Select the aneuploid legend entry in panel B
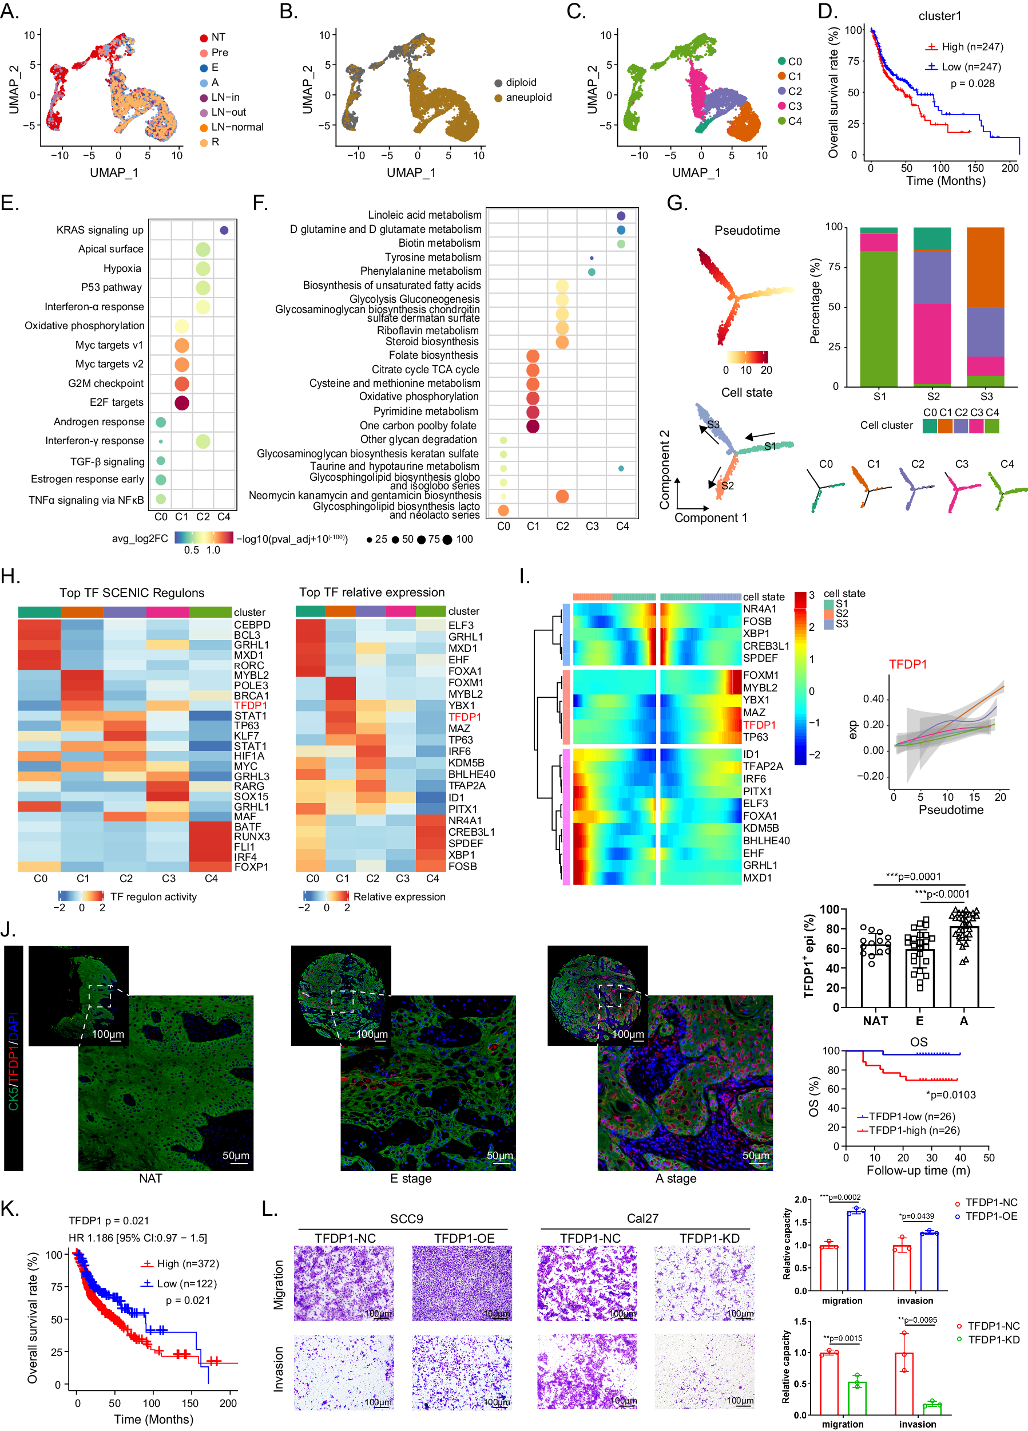pyautogui.click(x=522, y=97)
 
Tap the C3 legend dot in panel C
pyautogui.click(x=782, y=106)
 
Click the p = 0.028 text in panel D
pyautogui.click(x=973, y=84)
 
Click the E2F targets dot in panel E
pyautogui.click(x=182, y=402)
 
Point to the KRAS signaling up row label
pyautogui.click(x=100, y=230)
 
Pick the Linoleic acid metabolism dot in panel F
pyautogui.click(x=621, y=216)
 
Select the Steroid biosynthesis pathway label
pyautogui.click(x=432, y=341)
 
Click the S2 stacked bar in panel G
pyautogui.click(x=933, y=306)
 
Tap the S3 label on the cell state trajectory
pyautogui.click(x=713, y=424)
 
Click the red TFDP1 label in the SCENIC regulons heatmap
pyautogui.click(x=251, y=705)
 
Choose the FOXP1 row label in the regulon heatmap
pyautogui.click(x=251, y=867)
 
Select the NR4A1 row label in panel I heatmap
pyautogui.click(x=759, y=609)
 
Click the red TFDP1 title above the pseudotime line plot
pyautogui.click(x=907, y=664)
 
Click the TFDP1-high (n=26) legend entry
pyautogui.click(x=913, y=1130)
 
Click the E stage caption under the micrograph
pyautogui.click(x=411, y=1178)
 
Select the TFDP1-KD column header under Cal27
pyautogui.click(x=709, y=1238)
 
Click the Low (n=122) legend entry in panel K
pyautogui.click(x=186, y=1283)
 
